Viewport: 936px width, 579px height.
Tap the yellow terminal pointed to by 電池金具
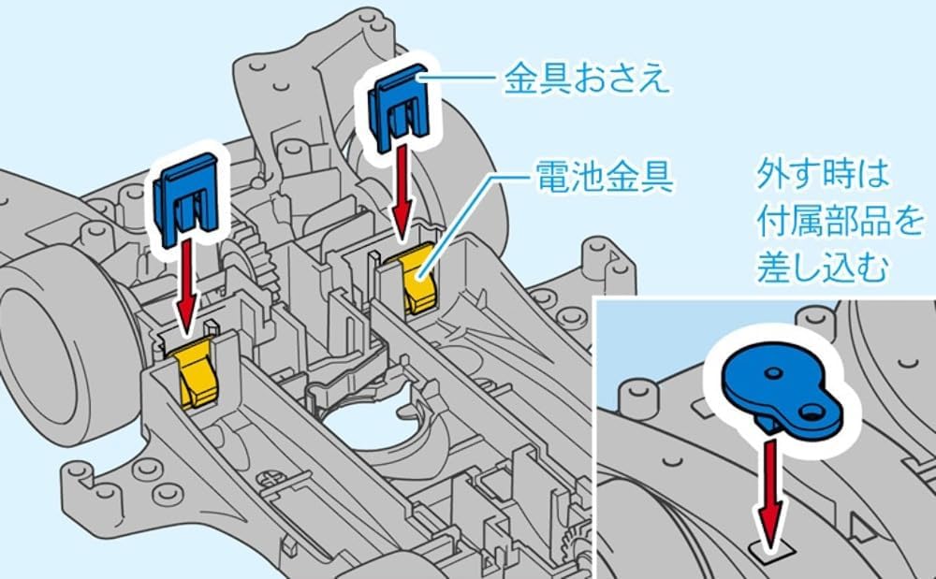point(418,277)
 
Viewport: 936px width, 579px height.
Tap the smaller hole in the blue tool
point(773,373)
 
